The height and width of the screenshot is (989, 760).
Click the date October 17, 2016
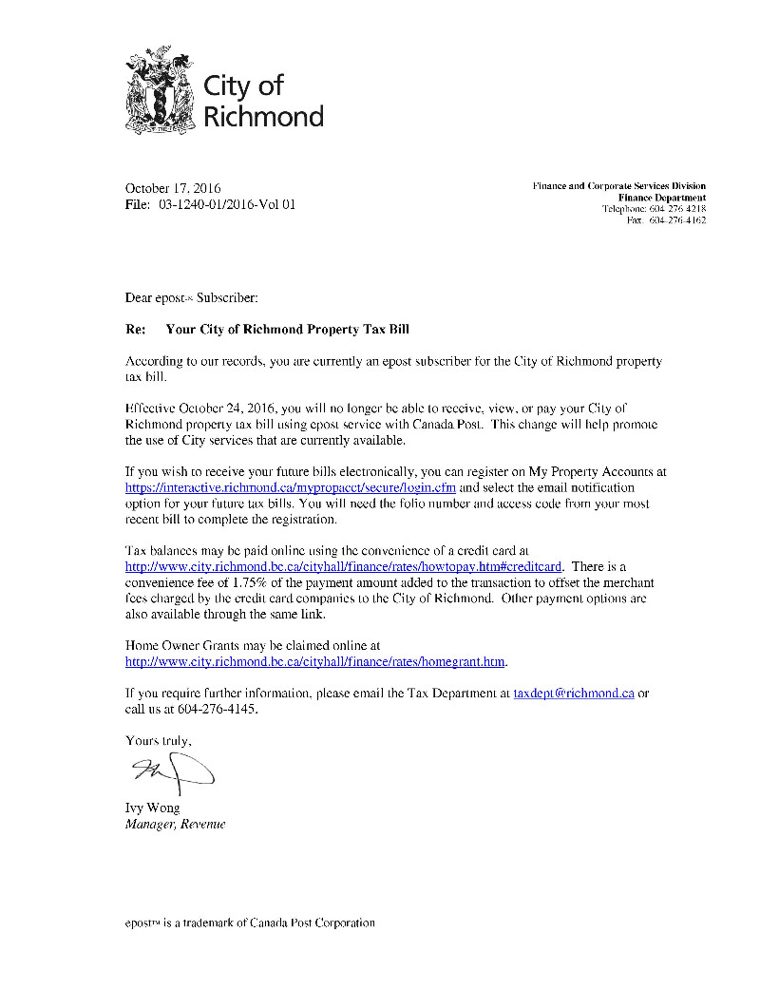[173, 188]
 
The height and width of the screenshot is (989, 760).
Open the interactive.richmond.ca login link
[291, 486]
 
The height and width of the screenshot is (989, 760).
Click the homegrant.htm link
[315, 661]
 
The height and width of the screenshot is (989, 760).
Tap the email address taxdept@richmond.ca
[574, 694]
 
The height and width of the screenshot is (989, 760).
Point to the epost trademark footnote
[250, 922]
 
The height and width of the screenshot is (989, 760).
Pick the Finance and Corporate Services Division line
[618, 186]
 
